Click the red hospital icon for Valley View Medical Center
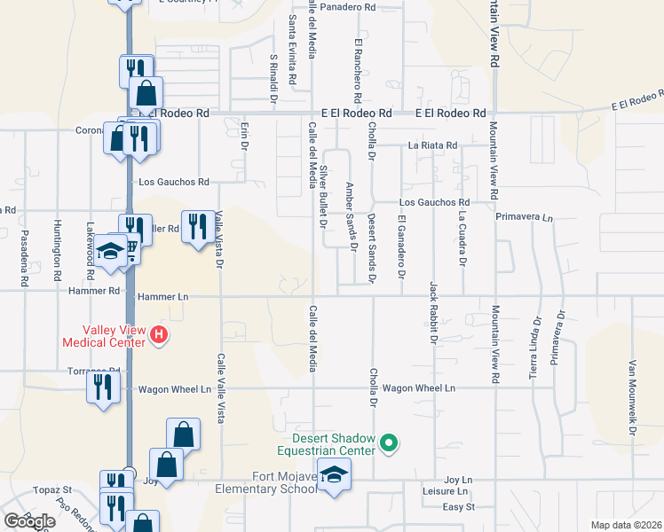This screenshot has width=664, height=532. (x=159, y=334)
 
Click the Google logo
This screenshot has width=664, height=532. (x=29, y=521)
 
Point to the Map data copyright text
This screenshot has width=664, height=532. (x=627, y=525)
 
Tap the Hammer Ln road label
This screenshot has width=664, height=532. (x=162, y=297)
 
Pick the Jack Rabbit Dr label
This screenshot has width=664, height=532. (x=433, y=312)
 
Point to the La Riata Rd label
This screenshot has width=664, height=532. (x=432, y=145)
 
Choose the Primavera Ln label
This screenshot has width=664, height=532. (x=524, y=216)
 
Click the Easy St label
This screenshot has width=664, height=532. (x=459, y=507)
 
